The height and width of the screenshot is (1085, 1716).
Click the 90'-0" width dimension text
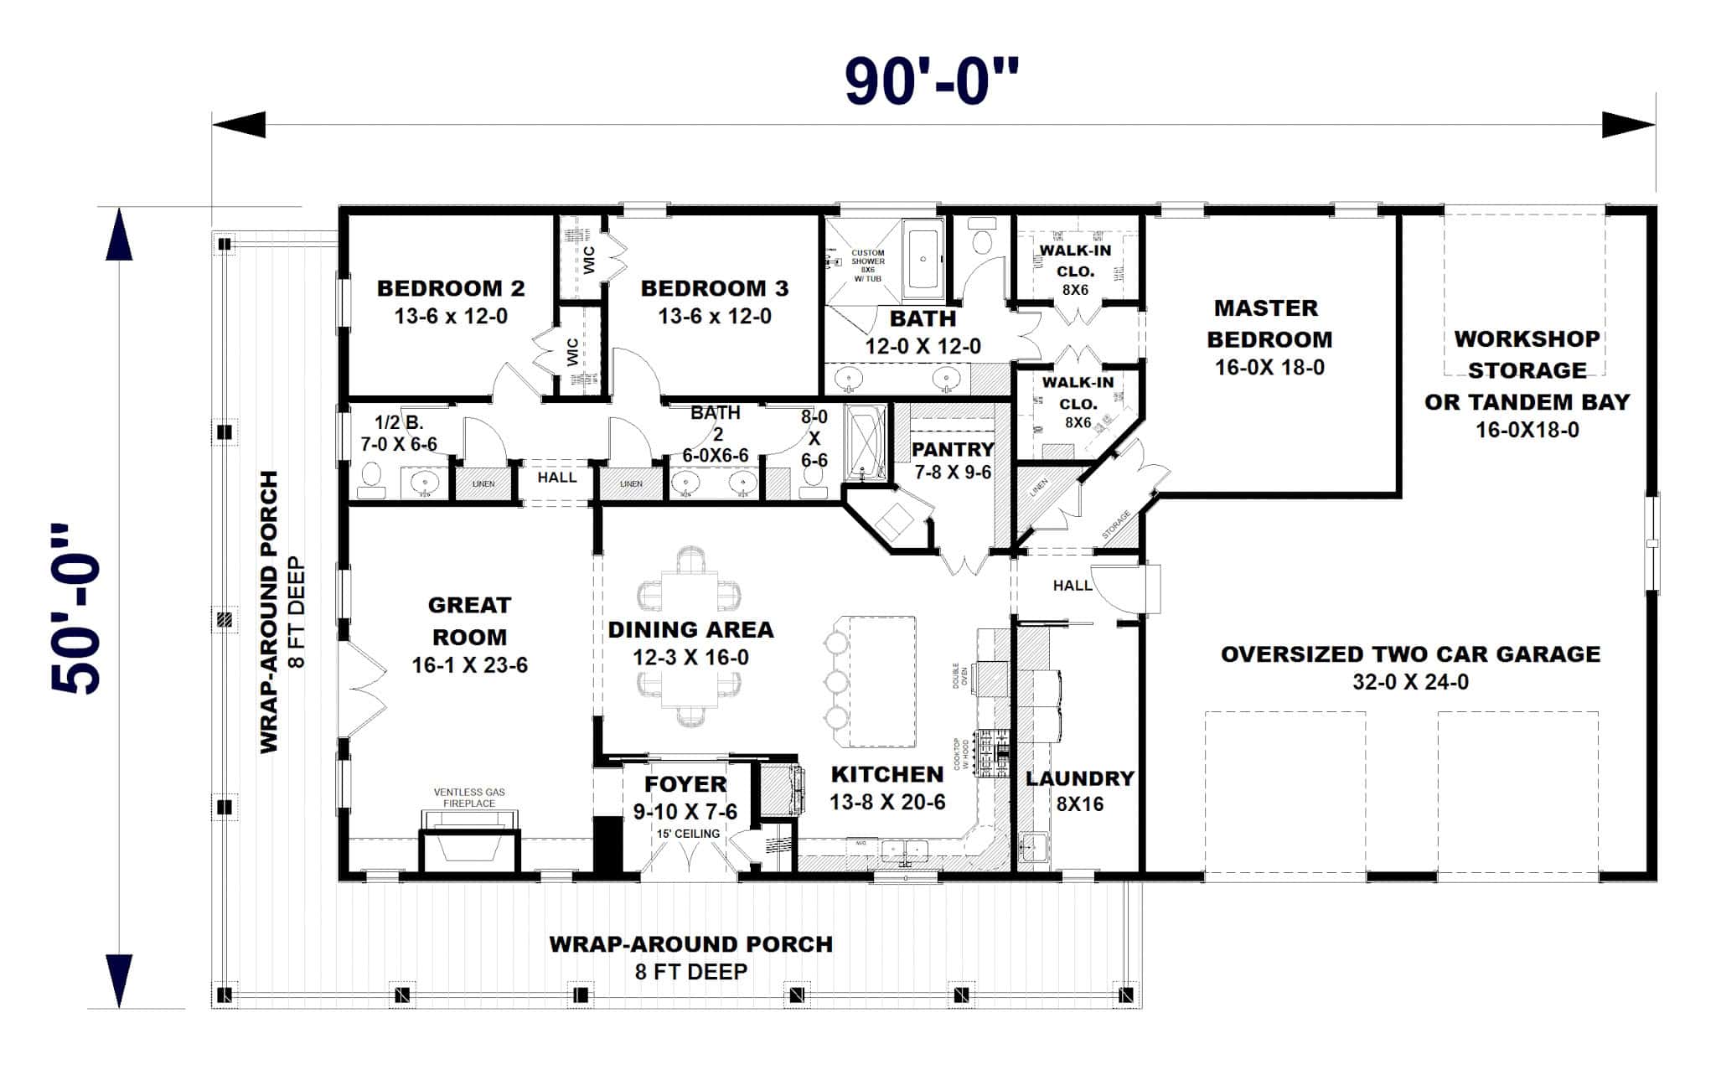[931, 82]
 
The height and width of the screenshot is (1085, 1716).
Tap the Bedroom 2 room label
[451, 288]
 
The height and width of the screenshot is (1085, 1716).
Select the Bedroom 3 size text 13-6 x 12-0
[715, 317]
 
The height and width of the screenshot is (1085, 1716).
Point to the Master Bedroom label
[1269, 323]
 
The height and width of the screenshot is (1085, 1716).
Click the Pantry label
[953, 449]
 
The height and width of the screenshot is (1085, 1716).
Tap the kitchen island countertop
[882, 680]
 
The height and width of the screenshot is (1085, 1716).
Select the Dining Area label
[690, 630]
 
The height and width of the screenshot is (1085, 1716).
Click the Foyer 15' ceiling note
[687, 834]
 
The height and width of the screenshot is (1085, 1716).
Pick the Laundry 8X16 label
[1079, 791]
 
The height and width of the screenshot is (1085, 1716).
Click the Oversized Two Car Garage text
[1410, 654]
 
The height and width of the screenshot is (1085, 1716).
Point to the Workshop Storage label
[1527, 354]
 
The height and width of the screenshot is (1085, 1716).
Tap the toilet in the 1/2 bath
[370, 479]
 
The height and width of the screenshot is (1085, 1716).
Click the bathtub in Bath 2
[866, 443]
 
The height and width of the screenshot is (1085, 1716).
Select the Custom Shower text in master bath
[867, 265]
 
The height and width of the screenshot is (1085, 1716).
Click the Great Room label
[469, 621]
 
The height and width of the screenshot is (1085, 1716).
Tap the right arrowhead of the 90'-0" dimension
[1628, 125]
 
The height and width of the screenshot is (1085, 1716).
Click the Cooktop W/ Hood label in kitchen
[960, 754]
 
